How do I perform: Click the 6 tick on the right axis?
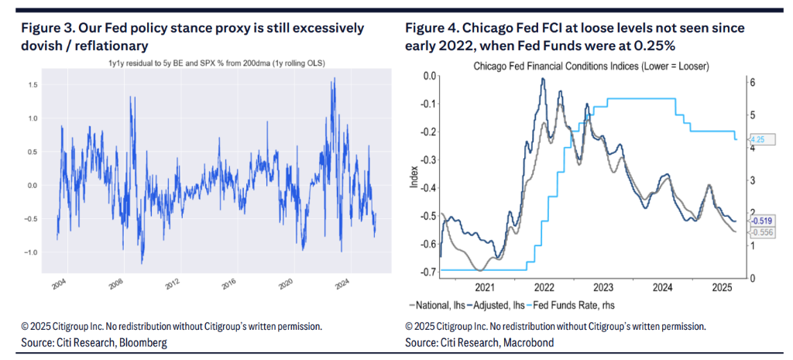pos(751,82)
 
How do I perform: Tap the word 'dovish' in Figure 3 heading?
pos(39,45)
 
